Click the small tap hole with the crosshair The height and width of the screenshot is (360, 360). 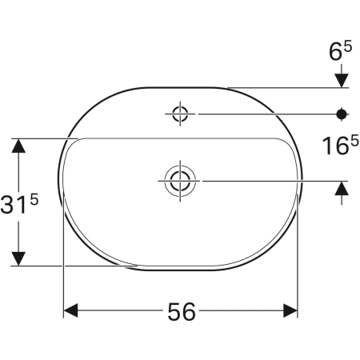[x=180, y=113]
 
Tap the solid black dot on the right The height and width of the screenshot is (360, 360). [x=342, y=114]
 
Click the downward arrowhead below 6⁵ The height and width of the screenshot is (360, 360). [x=342, y=78]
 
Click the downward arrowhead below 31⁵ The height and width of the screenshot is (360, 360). [x=19, y=258]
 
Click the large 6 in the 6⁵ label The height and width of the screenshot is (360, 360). [x=336, y=53]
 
